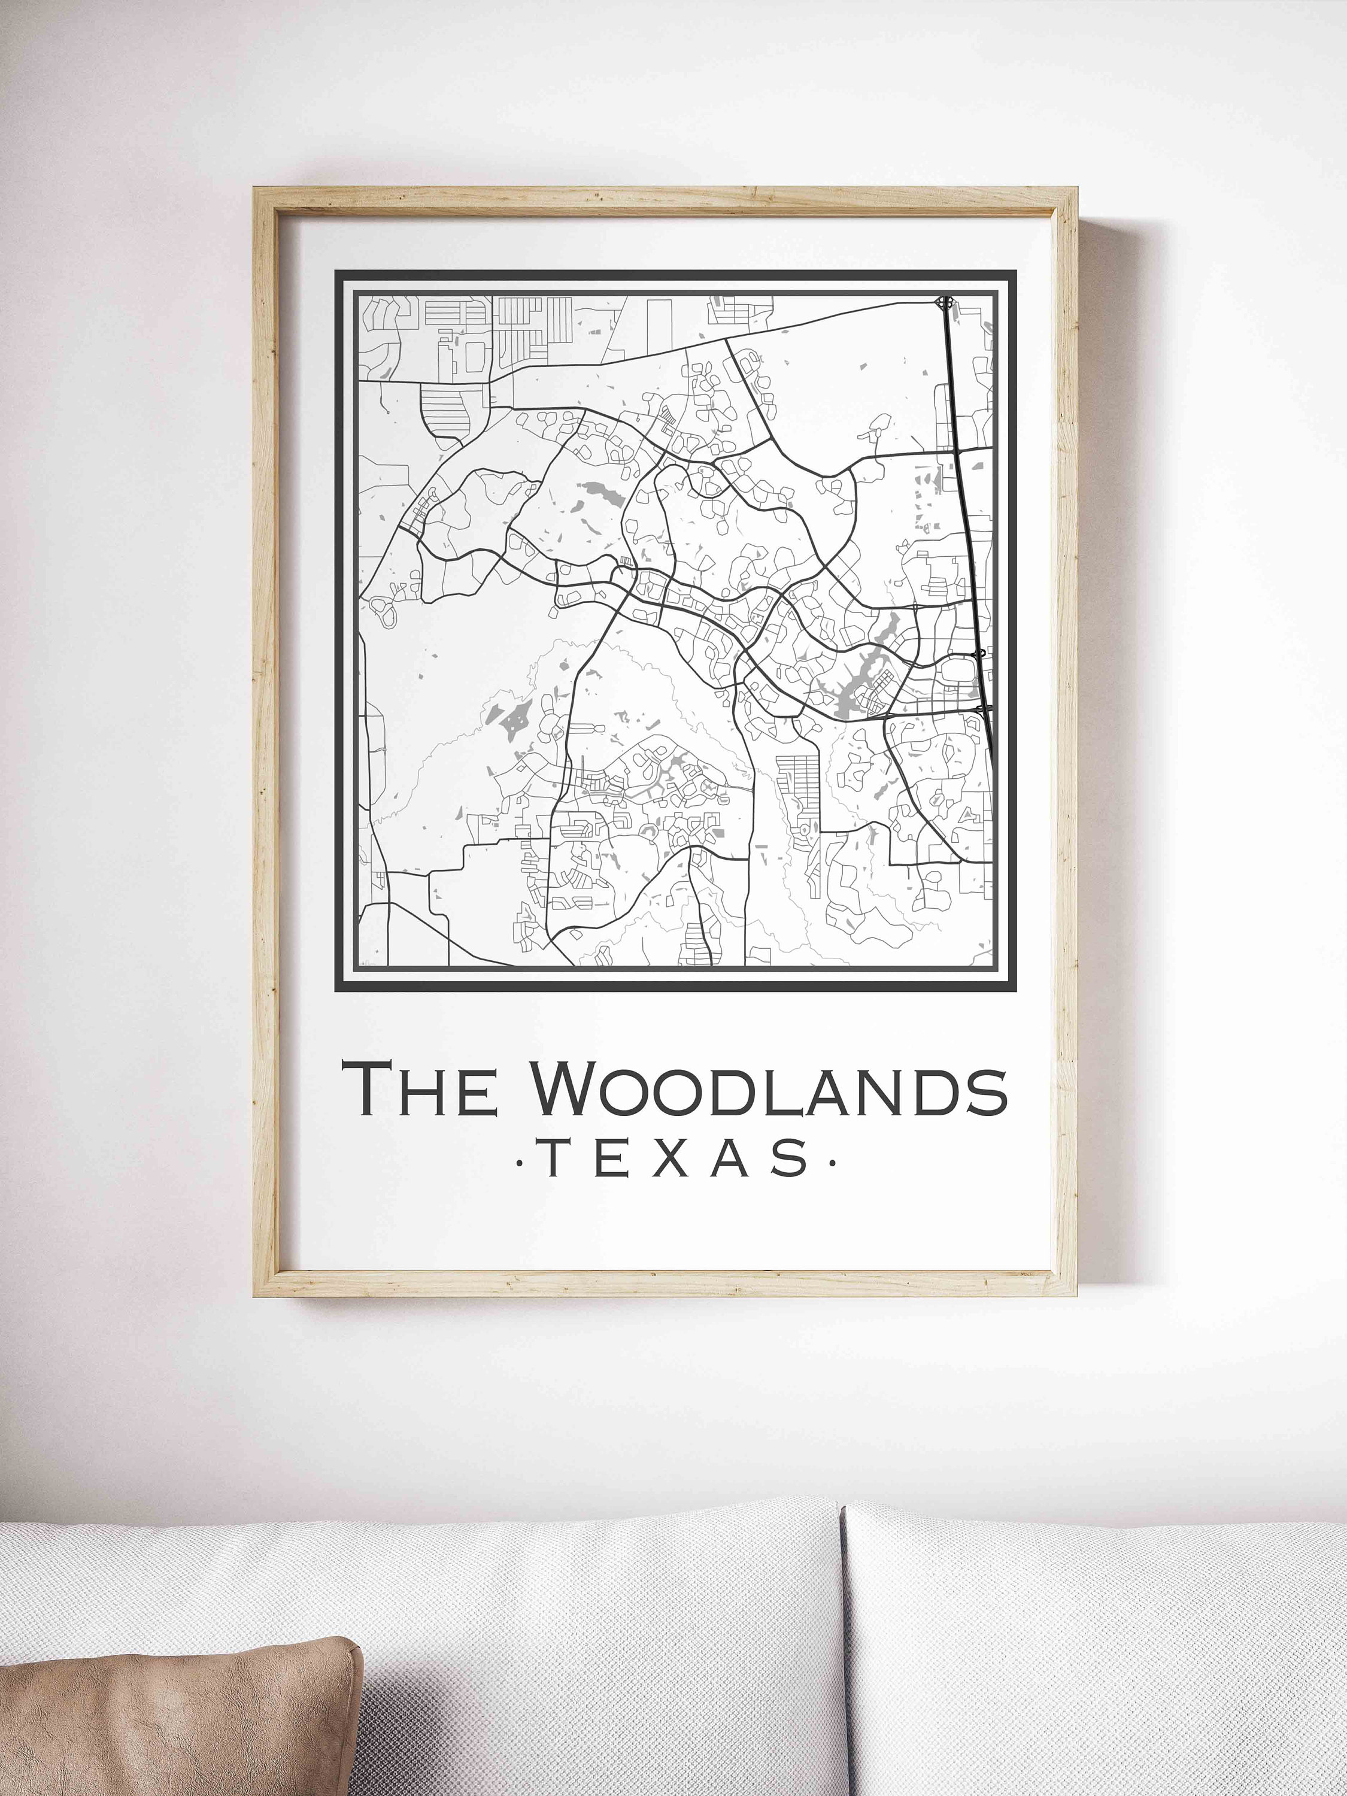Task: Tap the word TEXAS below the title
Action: pos(675,1158)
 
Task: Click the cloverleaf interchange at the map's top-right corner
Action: pos(943,303)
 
